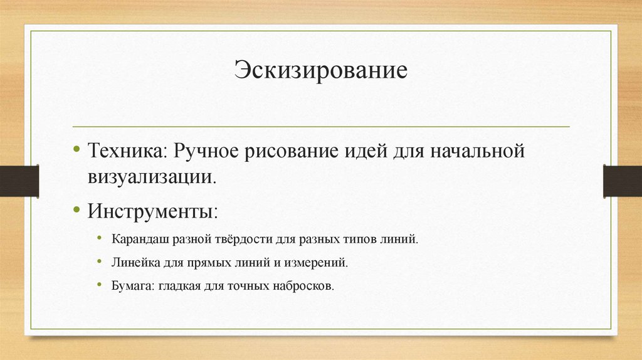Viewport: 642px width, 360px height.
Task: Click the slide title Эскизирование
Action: pyautogui.click(x=321, y=70)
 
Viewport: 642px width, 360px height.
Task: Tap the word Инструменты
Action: pyautogui.click(x=152, y=209)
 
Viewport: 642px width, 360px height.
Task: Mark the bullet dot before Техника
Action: pyautogui.click(x=76, y=151)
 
